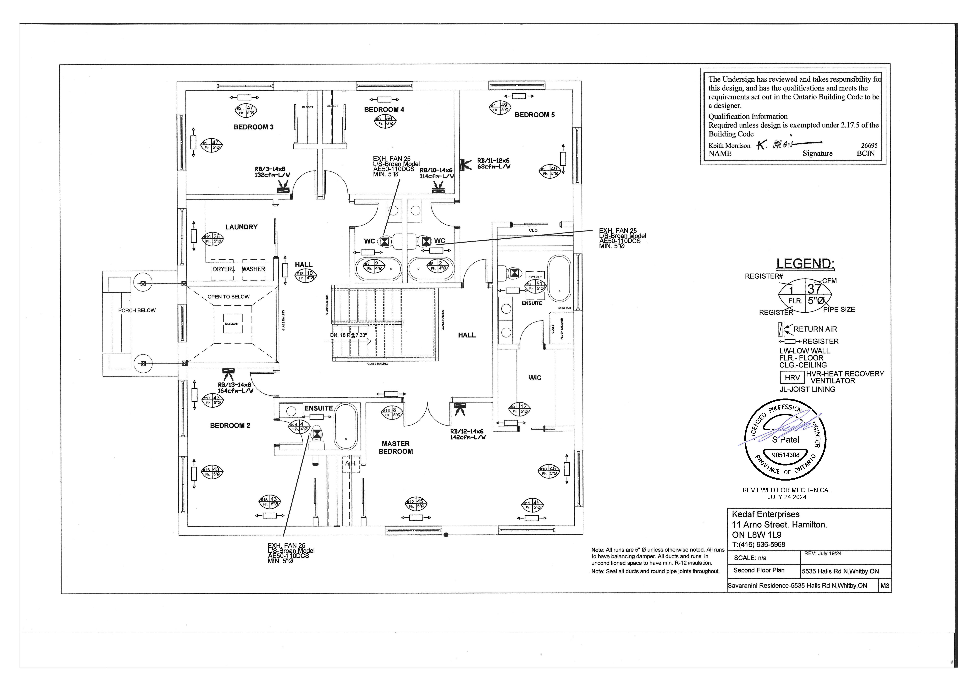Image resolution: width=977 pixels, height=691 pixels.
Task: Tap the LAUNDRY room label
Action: pos(241,227)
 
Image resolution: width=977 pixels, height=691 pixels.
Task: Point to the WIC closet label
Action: pos(535,378)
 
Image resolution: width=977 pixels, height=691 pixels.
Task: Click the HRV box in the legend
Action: pos(792,378)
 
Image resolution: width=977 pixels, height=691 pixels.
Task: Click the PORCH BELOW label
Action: pos(137,310)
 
